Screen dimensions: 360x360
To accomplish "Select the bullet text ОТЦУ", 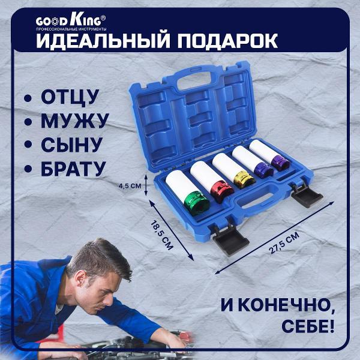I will pos(68,97).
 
